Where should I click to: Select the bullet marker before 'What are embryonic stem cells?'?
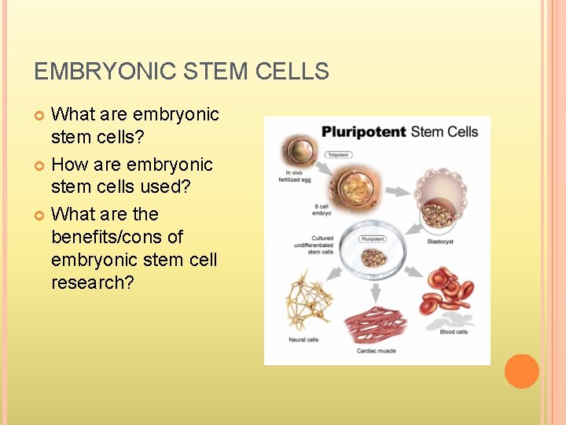42,116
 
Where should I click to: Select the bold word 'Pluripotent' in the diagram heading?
362,131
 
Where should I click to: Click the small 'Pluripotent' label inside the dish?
373,238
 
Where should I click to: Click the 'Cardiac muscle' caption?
377,350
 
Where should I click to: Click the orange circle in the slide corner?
521,371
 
